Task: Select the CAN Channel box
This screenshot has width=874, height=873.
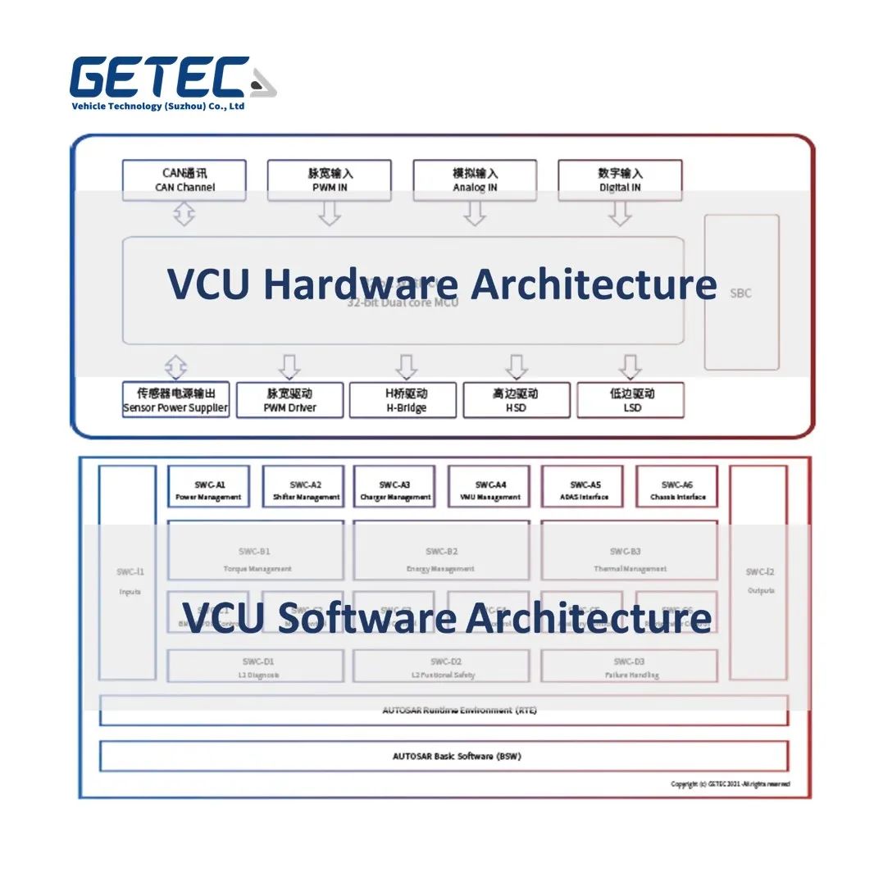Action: click(184, 180)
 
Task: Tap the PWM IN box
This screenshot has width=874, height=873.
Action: click(330, 180)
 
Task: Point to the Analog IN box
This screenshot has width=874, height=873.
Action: click(475, 180)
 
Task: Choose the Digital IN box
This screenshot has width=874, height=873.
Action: click(620, 180)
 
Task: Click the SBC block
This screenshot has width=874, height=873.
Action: click(741, 293)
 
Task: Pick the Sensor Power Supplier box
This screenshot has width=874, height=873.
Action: click(175, 400)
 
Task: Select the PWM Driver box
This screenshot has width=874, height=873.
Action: click(289, 400)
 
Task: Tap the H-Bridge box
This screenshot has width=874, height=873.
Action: click(403, 400)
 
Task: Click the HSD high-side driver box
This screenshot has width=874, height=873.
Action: click(516, 400)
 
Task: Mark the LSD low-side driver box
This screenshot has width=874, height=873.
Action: click(630, 400)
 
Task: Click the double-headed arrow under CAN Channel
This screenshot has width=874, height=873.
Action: click(184, 215)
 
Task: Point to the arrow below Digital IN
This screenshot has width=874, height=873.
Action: click(620, 214)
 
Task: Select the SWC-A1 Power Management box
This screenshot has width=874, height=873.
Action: click(208, 489)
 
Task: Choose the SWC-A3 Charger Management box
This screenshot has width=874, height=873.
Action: click(394, 489)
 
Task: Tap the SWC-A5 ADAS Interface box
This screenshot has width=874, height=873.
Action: click(584, 489)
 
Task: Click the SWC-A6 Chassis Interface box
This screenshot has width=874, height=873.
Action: click(677, 489)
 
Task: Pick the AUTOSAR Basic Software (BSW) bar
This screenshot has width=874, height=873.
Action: click(444, 756)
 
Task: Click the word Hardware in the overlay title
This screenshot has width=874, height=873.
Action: click(361, 284)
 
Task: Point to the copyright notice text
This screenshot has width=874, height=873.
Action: click(731, 784)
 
